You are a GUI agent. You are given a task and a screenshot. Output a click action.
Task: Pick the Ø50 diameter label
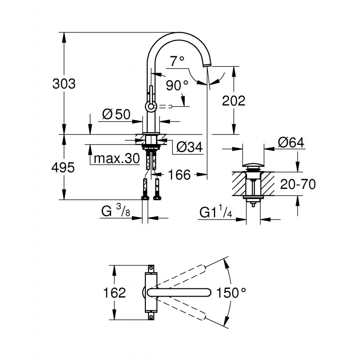pyautogui.click(x=116, y=114)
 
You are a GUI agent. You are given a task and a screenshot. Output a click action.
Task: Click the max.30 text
pyautogui.click(x=115, y=158)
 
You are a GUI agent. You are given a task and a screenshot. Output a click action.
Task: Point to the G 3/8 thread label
pyautogui.click(x=116, y=211)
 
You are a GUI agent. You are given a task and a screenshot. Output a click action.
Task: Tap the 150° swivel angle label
pyautogui.click(x=232, y=292)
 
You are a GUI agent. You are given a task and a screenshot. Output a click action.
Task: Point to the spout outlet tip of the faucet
pyautogui.click(x=207, y=65)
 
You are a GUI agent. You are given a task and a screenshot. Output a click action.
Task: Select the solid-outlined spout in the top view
pyautogui.click(x=180, y=292)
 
